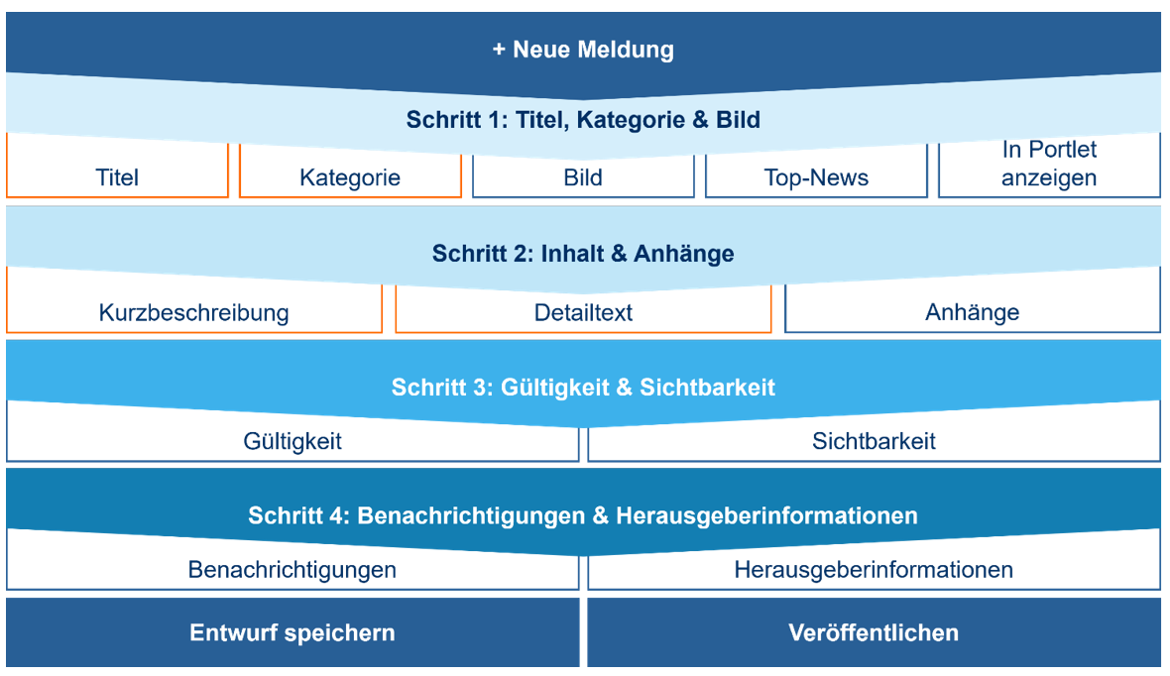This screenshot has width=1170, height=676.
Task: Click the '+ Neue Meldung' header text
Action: (583, 50)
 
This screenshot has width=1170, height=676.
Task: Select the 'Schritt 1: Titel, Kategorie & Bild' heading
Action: (583, 119)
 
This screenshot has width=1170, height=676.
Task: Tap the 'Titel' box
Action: (117, 176)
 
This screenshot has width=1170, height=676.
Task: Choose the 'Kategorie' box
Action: (350, 176)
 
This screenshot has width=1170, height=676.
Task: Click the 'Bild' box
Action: (583, 176)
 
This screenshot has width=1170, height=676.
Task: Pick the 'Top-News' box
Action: (816, 176)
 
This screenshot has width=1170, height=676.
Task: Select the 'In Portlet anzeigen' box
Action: (1049, 165)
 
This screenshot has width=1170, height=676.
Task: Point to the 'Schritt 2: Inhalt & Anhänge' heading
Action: (583, 254)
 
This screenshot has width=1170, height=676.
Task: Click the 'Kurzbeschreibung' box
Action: (194, 312)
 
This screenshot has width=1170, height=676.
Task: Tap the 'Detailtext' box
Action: (583, 312)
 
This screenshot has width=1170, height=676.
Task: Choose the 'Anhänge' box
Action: (973, 312)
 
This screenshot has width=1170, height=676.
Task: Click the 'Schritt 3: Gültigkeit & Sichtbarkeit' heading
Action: (583, 388)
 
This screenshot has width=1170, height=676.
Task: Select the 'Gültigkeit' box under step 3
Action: (292, 441)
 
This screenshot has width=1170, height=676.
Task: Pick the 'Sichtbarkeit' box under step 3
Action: (874, 441)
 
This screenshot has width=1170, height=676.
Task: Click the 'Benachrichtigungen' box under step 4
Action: (292, 569)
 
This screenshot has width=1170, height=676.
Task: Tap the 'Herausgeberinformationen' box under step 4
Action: (874, 569)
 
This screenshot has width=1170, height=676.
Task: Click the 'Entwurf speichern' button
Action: (292, 632)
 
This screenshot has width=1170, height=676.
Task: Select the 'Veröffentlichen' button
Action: (874, 632)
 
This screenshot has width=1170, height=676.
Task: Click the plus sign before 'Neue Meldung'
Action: (499, 50)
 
